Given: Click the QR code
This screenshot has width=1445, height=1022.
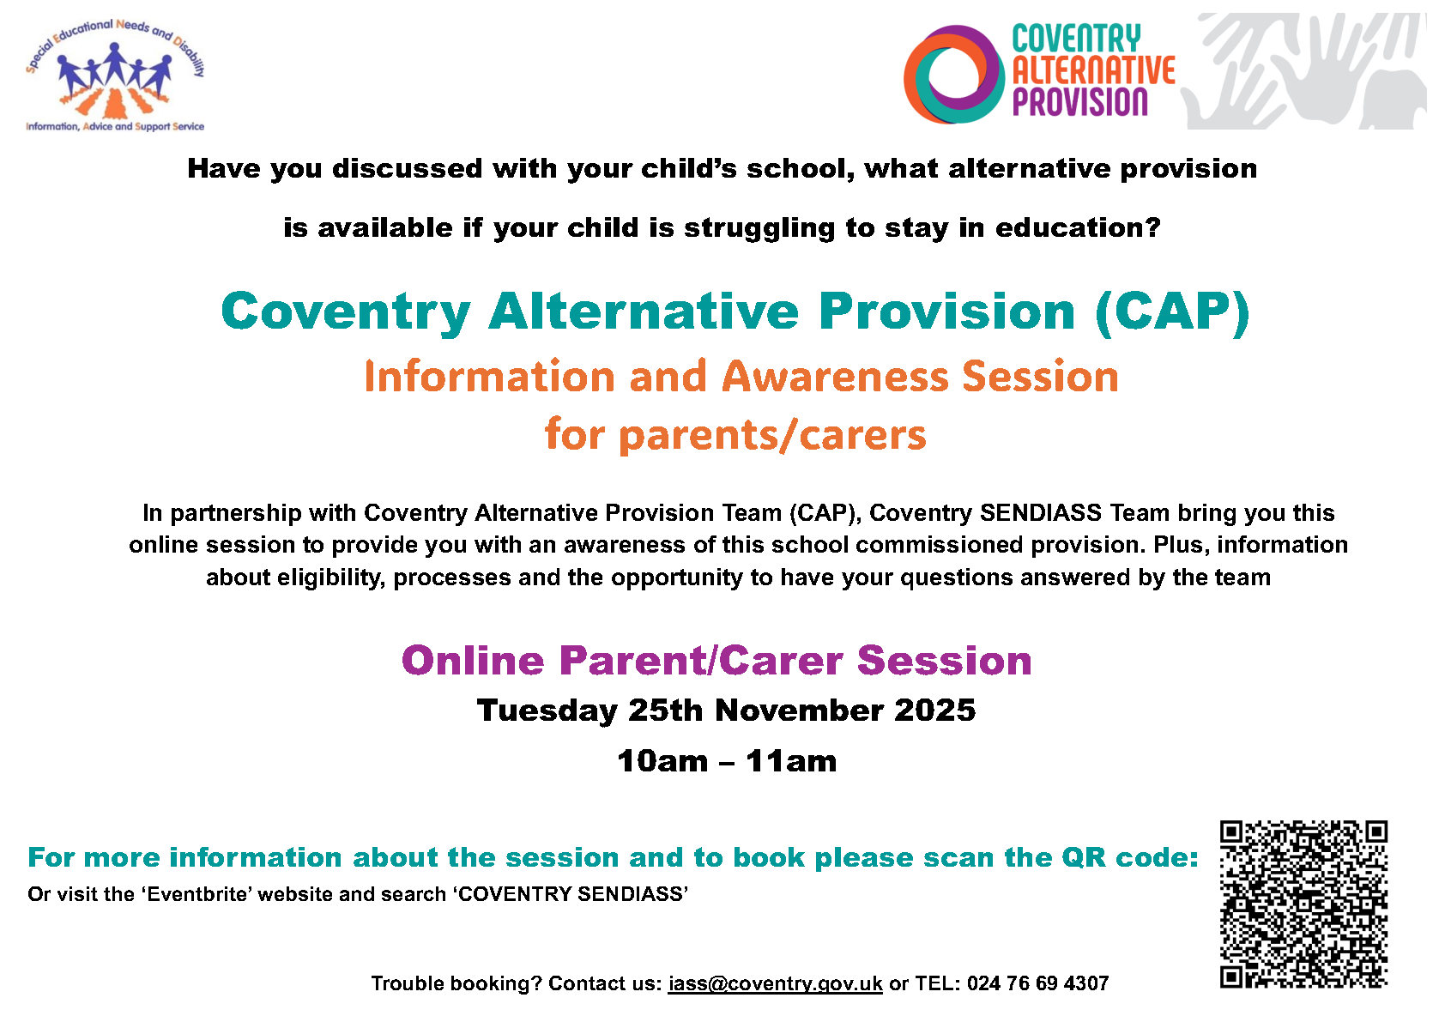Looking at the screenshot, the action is tap(1303, 904).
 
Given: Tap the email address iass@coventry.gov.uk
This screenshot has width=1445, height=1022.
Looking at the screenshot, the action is tap(775, 983).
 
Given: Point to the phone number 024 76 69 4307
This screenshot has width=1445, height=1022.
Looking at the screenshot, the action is tap(1037, 983).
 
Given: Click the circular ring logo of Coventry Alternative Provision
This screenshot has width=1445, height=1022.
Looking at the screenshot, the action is tap(954, 74).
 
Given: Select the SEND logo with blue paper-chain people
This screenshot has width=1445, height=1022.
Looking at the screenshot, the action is tap(115, 76).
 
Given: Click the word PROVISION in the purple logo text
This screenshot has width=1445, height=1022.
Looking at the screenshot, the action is tap(1079, 102).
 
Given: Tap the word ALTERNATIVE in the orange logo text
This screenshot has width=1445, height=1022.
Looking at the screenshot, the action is tap(1093, 70).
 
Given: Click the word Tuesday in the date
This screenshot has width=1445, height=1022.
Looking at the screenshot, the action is tap(547, 711).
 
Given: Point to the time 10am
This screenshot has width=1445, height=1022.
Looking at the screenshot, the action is tap(662, 761).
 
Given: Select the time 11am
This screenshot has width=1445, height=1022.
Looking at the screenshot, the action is tap(791, 761).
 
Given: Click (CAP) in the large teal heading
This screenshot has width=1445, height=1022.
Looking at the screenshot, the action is tap(1172, 313).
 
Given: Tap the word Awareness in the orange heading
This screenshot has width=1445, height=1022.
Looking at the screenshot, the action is tap(835, 376).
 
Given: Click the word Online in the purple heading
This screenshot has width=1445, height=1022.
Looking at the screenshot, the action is tap(473, 661).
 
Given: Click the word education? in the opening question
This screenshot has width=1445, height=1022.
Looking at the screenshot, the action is tap(1077, 227).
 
